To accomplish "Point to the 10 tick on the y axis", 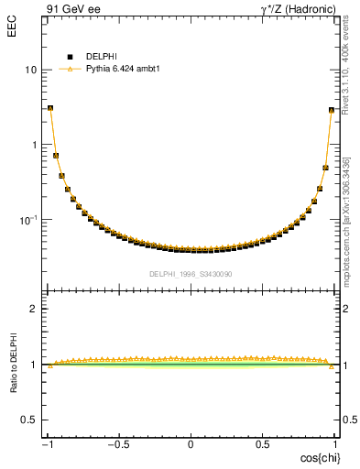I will click(30, 70).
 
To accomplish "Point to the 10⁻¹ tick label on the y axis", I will click(27, 219).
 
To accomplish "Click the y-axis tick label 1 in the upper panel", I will click(34, 145).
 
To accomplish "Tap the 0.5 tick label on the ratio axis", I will click(30, 420).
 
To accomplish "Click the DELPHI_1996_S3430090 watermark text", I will click(191, 274).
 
